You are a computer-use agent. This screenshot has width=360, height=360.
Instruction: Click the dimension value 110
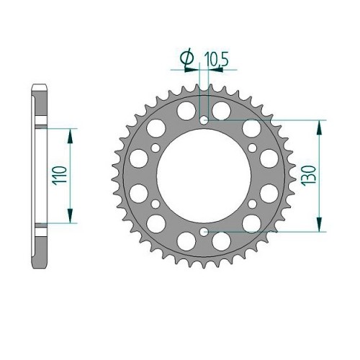tap(60, 176)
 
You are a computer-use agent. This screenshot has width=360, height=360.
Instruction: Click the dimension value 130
tap(309, 176)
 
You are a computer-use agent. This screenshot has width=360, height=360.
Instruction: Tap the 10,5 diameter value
tap(217, 59)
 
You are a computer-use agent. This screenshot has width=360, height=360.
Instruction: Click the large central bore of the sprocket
tap(204, 176)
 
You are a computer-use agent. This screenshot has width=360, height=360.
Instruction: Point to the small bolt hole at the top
tap(204, 120)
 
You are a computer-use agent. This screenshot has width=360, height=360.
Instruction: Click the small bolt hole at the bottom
tap(204, 232)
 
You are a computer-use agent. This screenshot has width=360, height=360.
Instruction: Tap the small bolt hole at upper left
tap(156, 148)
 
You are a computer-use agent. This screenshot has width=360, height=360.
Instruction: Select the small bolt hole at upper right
tap(252, 148)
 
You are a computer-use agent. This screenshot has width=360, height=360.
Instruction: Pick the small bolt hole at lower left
tap(156, 204)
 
